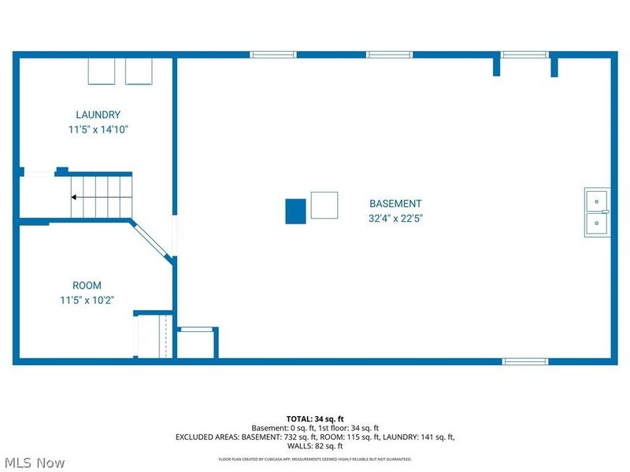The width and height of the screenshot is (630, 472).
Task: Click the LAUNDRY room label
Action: tap(98, 114)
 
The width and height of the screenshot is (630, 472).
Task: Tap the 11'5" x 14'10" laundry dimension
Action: tap(98, 129)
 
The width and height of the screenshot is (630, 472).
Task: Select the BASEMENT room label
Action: tap(395, 203)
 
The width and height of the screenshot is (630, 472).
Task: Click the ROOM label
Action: tap(87, 285)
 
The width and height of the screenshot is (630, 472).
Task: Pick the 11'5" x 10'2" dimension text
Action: tap(87, 300)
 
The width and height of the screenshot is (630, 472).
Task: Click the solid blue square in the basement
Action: tap(295, 211)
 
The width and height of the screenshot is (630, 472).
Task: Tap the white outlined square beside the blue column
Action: tap(324, 205)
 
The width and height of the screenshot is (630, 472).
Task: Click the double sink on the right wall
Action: tap(596, 212)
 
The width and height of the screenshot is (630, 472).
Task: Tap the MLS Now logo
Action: tap(35, 463)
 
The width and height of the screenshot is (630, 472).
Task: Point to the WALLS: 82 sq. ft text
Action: tap(315, 446)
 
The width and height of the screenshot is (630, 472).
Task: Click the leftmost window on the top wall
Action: tap(273, 54)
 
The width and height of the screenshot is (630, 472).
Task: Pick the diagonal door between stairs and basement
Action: tap(152, 241)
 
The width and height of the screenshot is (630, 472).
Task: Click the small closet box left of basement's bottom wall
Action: tap(196, 342)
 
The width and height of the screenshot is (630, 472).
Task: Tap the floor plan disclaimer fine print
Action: tap(315, 459)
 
